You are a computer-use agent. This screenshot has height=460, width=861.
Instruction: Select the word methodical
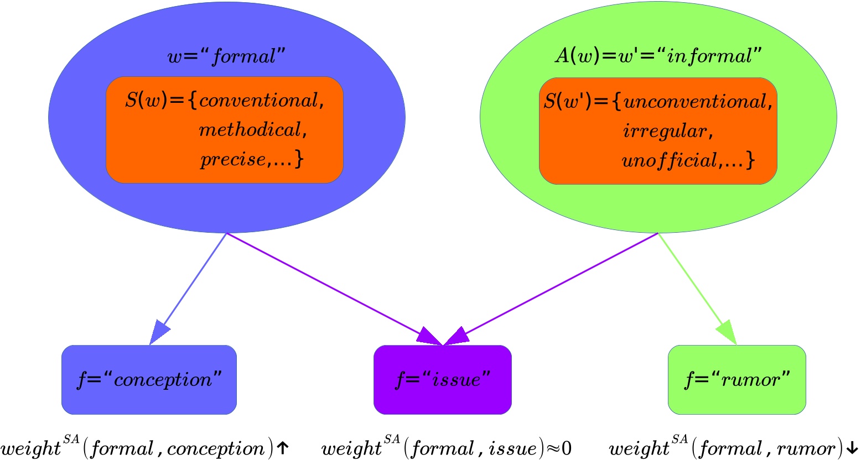point(250,130)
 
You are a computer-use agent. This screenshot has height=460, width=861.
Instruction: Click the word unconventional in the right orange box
point(695,102)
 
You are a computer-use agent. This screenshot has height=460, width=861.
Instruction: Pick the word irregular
point(665,132)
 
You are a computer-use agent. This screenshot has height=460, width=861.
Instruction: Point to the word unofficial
point(670,161)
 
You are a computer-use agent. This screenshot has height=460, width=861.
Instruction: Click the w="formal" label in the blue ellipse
point(227,56)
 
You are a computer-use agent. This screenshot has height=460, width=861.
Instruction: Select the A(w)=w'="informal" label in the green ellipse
point(658,56)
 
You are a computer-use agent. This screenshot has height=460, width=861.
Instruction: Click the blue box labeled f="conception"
point(149,380)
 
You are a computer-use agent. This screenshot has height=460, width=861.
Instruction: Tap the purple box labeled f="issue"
point(443,380)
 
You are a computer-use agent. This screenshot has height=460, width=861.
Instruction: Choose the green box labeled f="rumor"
point(736,380)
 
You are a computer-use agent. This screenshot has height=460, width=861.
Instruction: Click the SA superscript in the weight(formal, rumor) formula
point(681,440)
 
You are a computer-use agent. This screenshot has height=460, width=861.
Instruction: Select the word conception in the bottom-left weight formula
point(216,449)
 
